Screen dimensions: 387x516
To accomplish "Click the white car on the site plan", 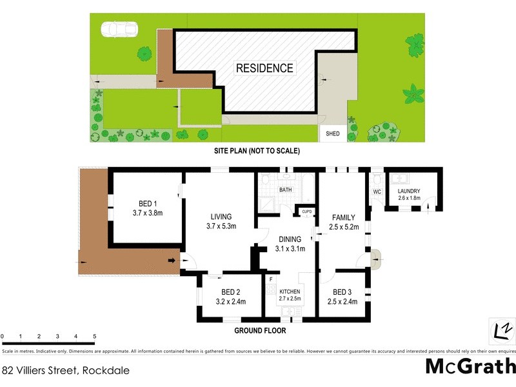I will [x=119, y=30].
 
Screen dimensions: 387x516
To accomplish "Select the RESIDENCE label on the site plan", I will [x=264, y=68].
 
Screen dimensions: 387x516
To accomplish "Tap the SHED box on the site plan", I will [x=333, y=134].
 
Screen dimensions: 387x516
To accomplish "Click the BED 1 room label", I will [x=146, y=206].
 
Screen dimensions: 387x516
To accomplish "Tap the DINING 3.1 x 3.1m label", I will [x=290, y=243].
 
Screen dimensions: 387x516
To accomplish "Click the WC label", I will [x=377, y=192].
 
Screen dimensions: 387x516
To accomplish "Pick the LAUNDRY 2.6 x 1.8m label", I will [x=409, y=195].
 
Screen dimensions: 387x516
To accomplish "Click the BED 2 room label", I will [x=230, y=296].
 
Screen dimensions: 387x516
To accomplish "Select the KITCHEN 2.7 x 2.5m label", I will [x=290, y=295].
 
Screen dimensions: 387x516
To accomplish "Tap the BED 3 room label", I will [x=342, y=296].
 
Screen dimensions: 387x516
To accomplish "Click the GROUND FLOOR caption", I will [x=260, y=330].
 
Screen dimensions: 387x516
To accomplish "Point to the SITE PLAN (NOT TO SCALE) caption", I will [x=257, y=150].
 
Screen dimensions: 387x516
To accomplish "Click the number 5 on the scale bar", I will [x=95, y=337].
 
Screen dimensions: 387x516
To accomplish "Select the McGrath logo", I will [x=470, y=366].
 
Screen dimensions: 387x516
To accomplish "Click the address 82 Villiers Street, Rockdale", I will [x=66, y=371].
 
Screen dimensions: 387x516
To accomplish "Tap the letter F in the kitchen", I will [x=272, y=279].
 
